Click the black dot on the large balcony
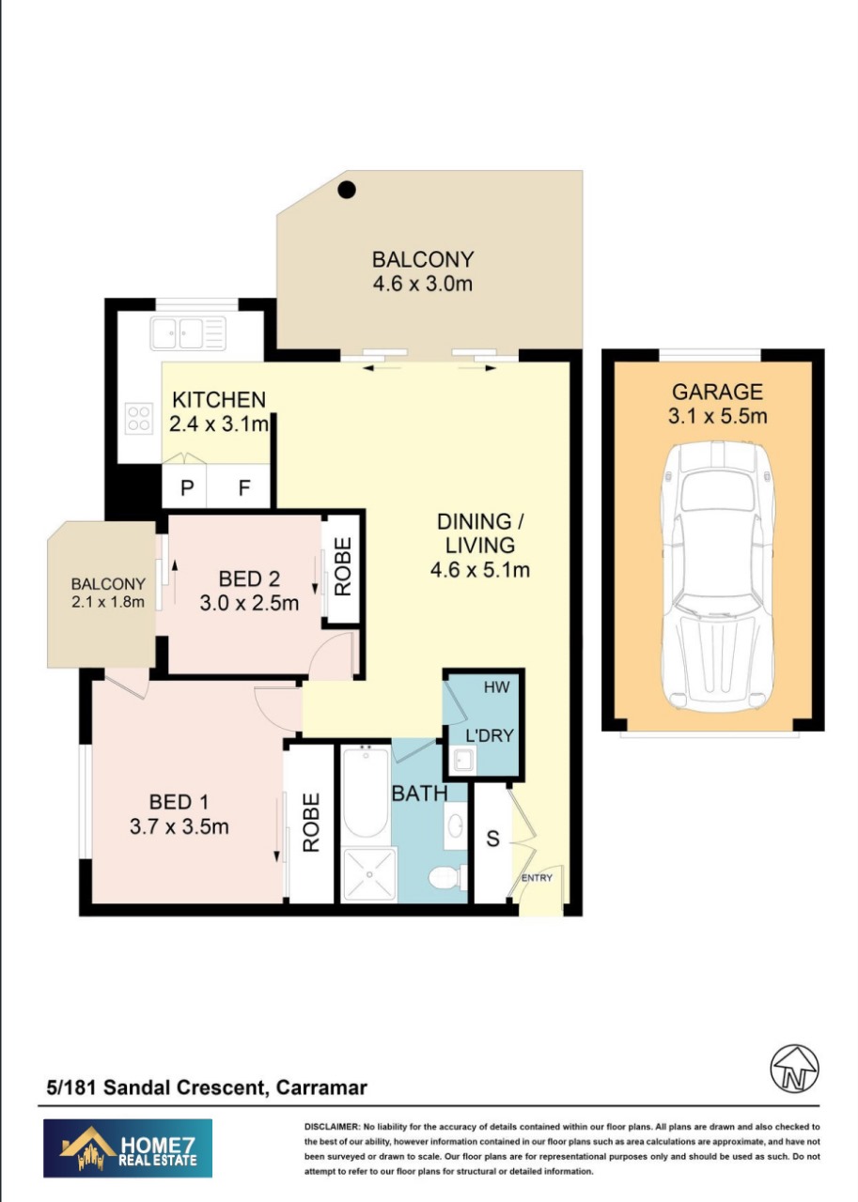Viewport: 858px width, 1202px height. coord(347,190)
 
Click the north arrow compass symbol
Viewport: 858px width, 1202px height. coord(794,1069)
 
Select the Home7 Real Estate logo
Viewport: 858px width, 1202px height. coord(128,1148)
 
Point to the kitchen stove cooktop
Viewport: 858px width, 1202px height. coord(139,418)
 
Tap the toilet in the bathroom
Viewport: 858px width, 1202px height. coord(443,878)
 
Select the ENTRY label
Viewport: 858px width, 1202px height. coord(538,878)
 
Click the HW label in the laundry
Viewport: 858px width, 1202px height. coord(496,687)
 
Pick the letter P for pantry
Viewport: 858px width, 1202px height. coord(187,489)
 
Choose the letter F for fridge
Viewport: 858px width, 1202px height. coord(243,489)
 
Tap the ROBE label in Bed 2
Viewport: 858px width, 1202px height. coord(342,566)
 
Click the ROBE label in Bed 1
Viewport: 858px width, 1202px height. coord(311,823)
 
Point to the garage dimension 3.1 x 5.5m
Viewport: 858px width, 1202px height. coord(717,416)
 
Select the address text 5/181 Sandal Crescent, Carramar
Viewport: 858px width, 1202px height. coord(207,1088)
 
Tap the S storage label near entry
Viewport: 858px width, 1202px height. coord(492,839)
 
